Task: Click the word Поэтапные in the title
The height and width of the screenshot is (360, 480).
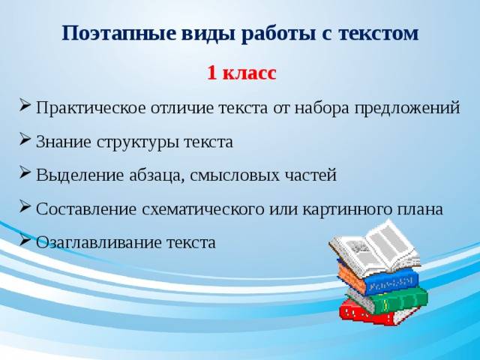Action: pos(119,33)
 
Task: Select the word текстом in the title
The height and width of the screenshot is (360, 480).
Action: pos(378,33)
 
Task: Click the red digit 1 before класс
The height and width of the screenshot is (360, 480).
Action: pos(212,73)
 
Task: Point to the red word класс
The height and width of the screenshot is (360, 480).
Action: pos(250,73)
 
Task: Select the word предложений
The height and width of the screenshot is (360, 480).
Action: pos(407,109)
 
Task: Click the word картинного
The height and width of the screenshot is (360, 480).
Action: pos(348,209)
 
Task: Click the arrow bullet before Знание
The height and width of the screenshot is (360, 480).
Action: pos(24,139)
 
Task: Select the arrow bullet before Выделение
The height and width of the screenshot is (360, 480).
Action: pos(24,172)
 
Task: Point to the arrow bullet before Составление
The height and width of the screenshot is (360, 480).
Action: pos(24,206)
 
